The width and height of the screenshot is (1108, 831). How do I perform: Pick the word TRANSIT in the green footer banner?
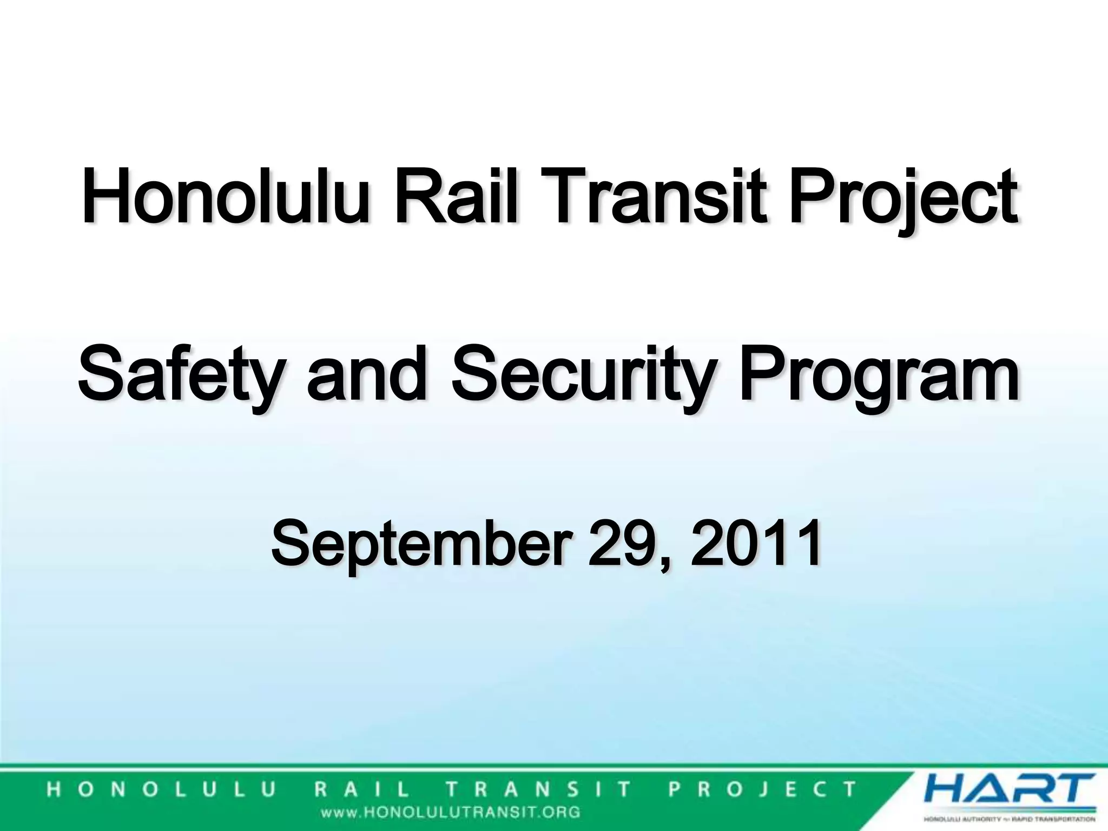[x=538, y=789]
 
